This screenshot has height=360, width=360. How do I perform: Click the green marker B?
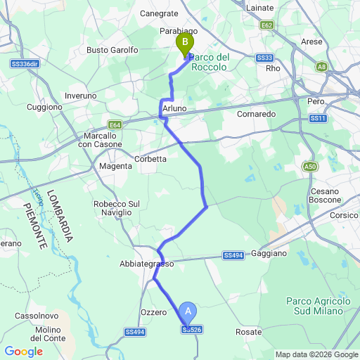(x=185, y=44)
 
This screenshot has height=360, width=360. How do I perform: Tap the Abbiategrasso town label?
(x=146, y=264)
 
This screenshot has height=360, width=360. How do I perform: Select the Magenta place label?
(x=115, y=166)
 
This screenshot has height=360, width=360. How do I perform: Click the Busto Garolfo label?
(x=112, y=50)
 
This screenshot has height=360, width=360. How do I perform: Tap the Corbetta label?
(x=150, y=159)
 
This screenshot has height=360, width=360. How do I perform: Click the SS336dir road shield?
(x=24, y=64)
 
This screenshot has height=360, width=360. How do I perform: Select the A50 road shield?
(x=310, y=167)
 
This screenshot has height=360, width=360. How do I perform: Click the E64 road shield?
(x=115, y=125)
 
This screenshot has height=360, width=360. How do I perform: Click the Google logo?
(x=23, y=352)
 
